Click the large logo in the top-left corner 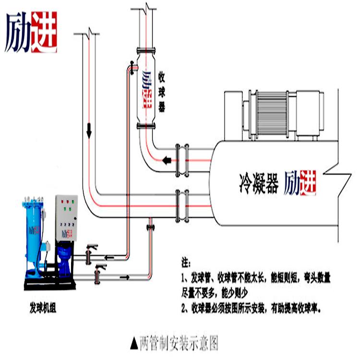click(31, 31)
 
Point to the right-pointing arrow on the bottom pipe click(127, 277)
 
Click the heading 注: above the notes click(185, 264)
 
